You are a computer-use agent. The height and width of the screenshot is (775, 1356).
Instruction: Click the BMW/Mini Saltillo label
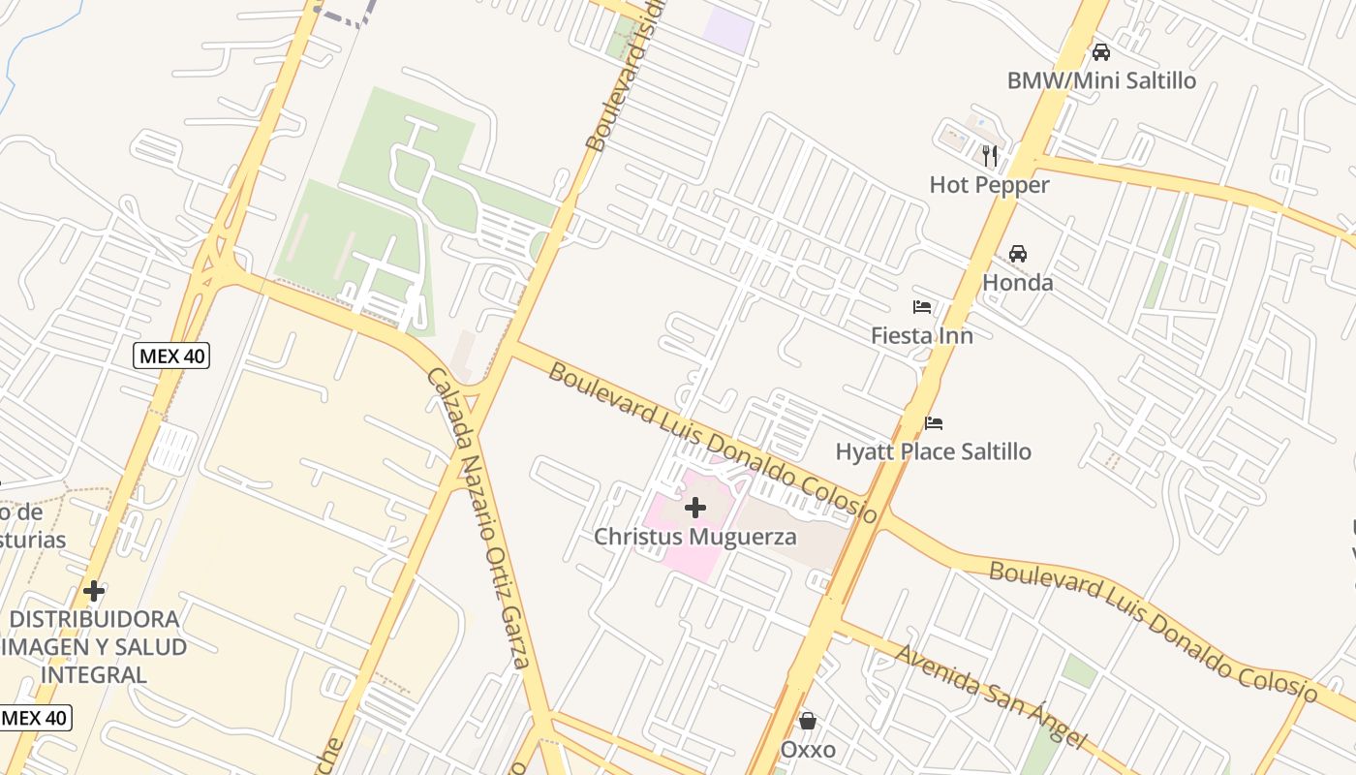point(1101,80)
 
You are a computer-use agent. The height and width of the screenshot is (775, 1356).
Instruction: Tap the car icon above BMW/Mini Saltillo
point(1101,51)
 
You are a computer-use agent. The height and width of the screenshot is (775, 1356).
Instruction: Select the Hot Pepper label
point(989,185)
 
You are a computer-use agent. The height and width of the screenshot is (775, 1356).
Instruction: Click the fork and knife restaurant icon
point(989,155)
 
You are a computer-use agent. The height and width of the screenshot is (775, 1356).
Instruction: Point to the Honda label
point(1017,283)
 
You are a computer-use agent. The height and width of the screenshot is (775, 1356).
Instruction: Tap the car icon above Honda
point(1018,254)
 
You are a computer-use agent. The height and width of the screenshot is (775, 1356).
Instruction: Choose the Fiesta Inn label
point(921,335)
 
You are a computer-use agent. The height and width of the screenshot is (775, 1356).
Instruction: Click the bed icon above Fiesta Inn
point(922,307)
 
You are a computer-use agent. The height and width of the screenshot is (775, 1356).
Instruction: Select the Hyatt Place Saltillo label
point(933,451)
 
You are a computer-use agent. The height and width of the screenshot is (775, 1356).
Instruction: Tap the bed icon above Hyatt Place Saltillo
point(934,422)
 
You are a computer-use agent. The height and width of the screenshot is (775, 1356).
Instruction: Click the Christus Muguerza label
point(694,537)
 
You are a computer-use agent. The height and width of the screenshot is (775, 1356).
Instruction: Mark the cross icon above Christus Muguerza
point(694,507)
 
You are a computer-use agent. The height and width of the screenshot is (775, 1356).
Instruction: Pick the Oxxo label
point(808,750)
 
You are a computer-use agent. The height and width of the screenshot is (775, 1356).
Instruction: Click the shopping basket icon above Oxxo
point(808,721)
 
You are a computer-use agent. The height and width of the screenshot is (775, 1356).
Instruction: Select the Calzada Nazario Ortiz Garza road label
point(479,518)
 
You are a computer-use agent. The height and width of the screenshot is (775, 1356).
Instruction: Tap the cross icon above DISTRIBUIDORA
point(94,590)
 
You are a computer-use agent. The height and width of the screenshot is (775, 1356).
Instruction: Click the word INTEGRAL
point(94,674)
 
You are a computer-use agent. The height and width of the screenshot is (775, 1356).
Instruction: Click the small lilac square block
point(727,31)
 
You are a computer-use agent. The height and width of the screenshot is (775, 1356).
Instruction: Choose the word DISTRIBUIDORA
point(94,619)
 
